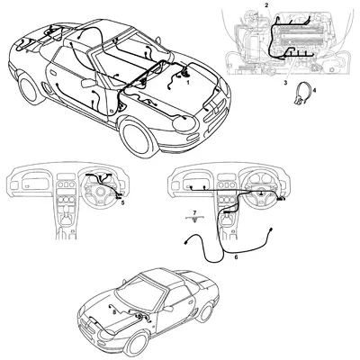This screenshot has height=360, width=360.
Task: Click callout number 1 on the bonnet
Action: (188, 81)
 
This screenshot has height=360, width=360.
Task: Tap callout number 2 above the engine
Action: (266, 4)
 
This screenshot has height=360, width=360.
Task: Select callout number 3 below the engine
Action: (285, 82)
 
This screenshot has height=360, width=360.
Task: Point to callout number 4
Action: (314, 90)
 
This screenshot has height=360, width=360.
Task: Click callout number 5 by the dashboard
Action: (122, 203)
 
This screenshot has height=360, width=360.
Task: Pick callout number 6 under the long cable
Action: (236, 257)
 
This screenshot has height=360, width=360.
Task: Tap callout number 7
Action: (194, 212)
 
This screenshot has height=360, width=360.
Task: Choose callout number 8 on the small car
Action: (114, 312)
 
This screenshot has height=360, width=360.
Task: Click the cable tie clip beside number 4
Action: (301, 94)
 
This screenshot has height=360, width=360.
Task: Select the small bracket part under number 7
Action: (195, 219)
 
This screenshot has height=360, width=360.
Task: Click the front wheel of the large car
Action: (135, 137)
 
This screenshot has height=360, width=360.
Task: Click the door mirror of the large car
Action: (88, 83)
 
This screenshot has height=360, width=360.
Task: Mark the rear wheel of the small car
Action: (206, 312)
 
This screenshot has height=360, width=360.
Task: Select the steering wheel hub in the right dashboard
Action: (260, 193)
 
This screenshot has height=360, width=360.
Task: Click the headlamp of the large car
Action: (184, 124)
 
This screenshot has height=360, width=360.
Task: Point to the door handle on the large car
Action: (53, 73)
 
